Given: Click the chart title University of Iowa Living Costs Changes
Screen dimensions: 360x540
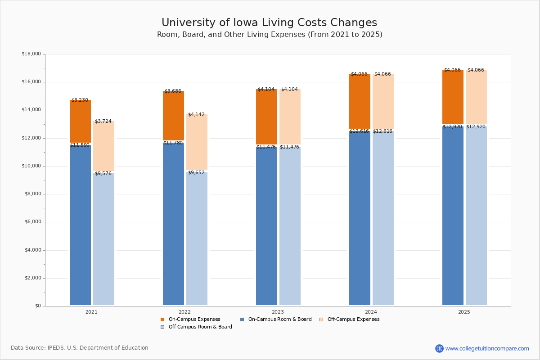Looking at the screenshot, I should tap(269, 23).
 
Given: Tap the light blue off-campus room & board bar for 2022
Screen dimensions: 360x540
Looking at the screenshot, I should tap(197, 238).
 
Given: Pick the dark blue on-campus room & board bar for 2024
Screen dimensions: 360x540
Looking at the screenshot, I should tap(360, 218).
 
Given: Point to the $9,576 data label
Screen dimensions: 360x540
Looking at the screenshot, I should tap(103, 173).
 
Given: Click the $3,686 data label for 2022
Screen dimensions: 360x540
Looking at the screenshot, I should tap(173, 91).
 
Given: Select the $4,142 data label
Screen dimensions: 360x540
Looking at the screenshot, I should tap(196, 114).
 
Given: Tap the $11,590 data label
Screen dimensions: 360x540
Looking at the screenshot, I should tap(80, 145).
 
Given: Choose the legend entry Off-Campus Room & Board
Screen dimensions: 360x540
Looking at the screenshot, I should tap(200, 327).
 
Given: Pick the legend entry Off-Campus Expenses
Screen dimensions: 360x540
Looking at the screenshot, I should tap(353, 319).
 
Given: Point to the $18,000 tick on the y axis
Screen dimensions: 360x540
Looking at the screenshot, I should tap(31, 54).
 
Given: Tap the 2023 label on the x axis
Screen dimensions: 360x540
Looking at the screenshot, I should tap(278, 312).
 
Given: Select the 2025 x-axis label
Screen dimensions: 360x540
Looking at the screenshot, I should tap(464, 312).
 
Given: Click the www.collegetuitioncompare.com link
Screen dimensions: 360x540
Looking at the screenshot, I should tap(487, 348).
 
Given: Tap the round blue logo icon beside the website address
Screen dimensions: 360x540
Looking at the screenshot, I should tap(439, 348).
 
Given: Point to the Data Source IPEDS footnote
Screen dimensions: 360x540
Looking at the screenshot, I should tap(80, 348).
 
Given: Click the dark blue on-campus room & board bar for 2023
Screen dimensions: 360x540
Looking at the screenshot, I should tap(266, 225).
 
